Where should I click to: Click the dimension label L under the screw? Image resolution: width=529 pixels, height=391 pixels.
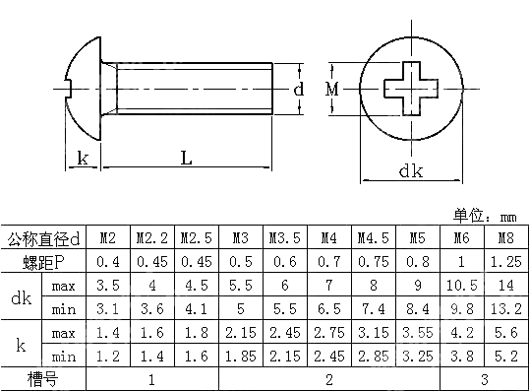tap(186, 159)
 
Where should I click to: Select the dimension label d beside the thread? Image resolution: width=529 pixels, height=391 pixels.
tap(298, 90)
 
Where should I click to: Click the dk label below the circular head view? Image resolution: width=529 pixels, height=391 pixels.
tap(410, 170)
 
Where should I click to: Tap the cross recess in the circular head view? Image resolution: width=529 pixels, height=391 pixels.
tap(412, 89)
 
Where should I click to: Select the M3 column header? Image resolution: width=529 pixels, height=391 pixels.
tap(240, 238)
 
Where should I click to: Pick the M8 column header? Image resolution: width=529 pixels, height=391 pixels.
tap(505, 238)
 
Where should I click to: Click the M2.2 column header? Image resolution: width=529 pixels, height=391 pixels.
tap(151, 238)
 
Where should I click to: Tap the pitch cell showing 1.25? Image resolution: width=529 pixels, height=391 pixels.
tap(505, 262)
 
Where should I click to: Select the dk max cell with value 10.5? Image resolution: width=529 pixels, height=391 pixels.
tap(460, 286)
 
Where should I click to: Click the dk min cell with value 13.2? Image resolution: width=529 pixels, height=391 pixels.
tap(505, 309)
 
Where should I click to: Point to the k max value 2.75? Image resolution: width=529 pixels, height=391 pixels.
tap(328, 333)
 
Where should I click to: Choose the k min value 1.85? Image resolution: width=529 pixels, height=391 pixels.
tap(240, 356)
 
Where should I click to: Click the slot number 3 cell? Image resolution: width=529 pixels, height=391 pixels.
tap(483, 378)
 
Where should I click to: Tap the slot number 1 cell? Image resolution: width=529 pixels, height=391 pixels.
tap(151, 378)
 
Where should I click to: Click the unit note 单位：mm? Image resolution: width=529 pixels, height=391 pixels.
tap(484, 216)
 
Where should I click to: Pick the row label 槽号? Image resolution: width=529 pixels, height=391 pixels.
tap(44, 378)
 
